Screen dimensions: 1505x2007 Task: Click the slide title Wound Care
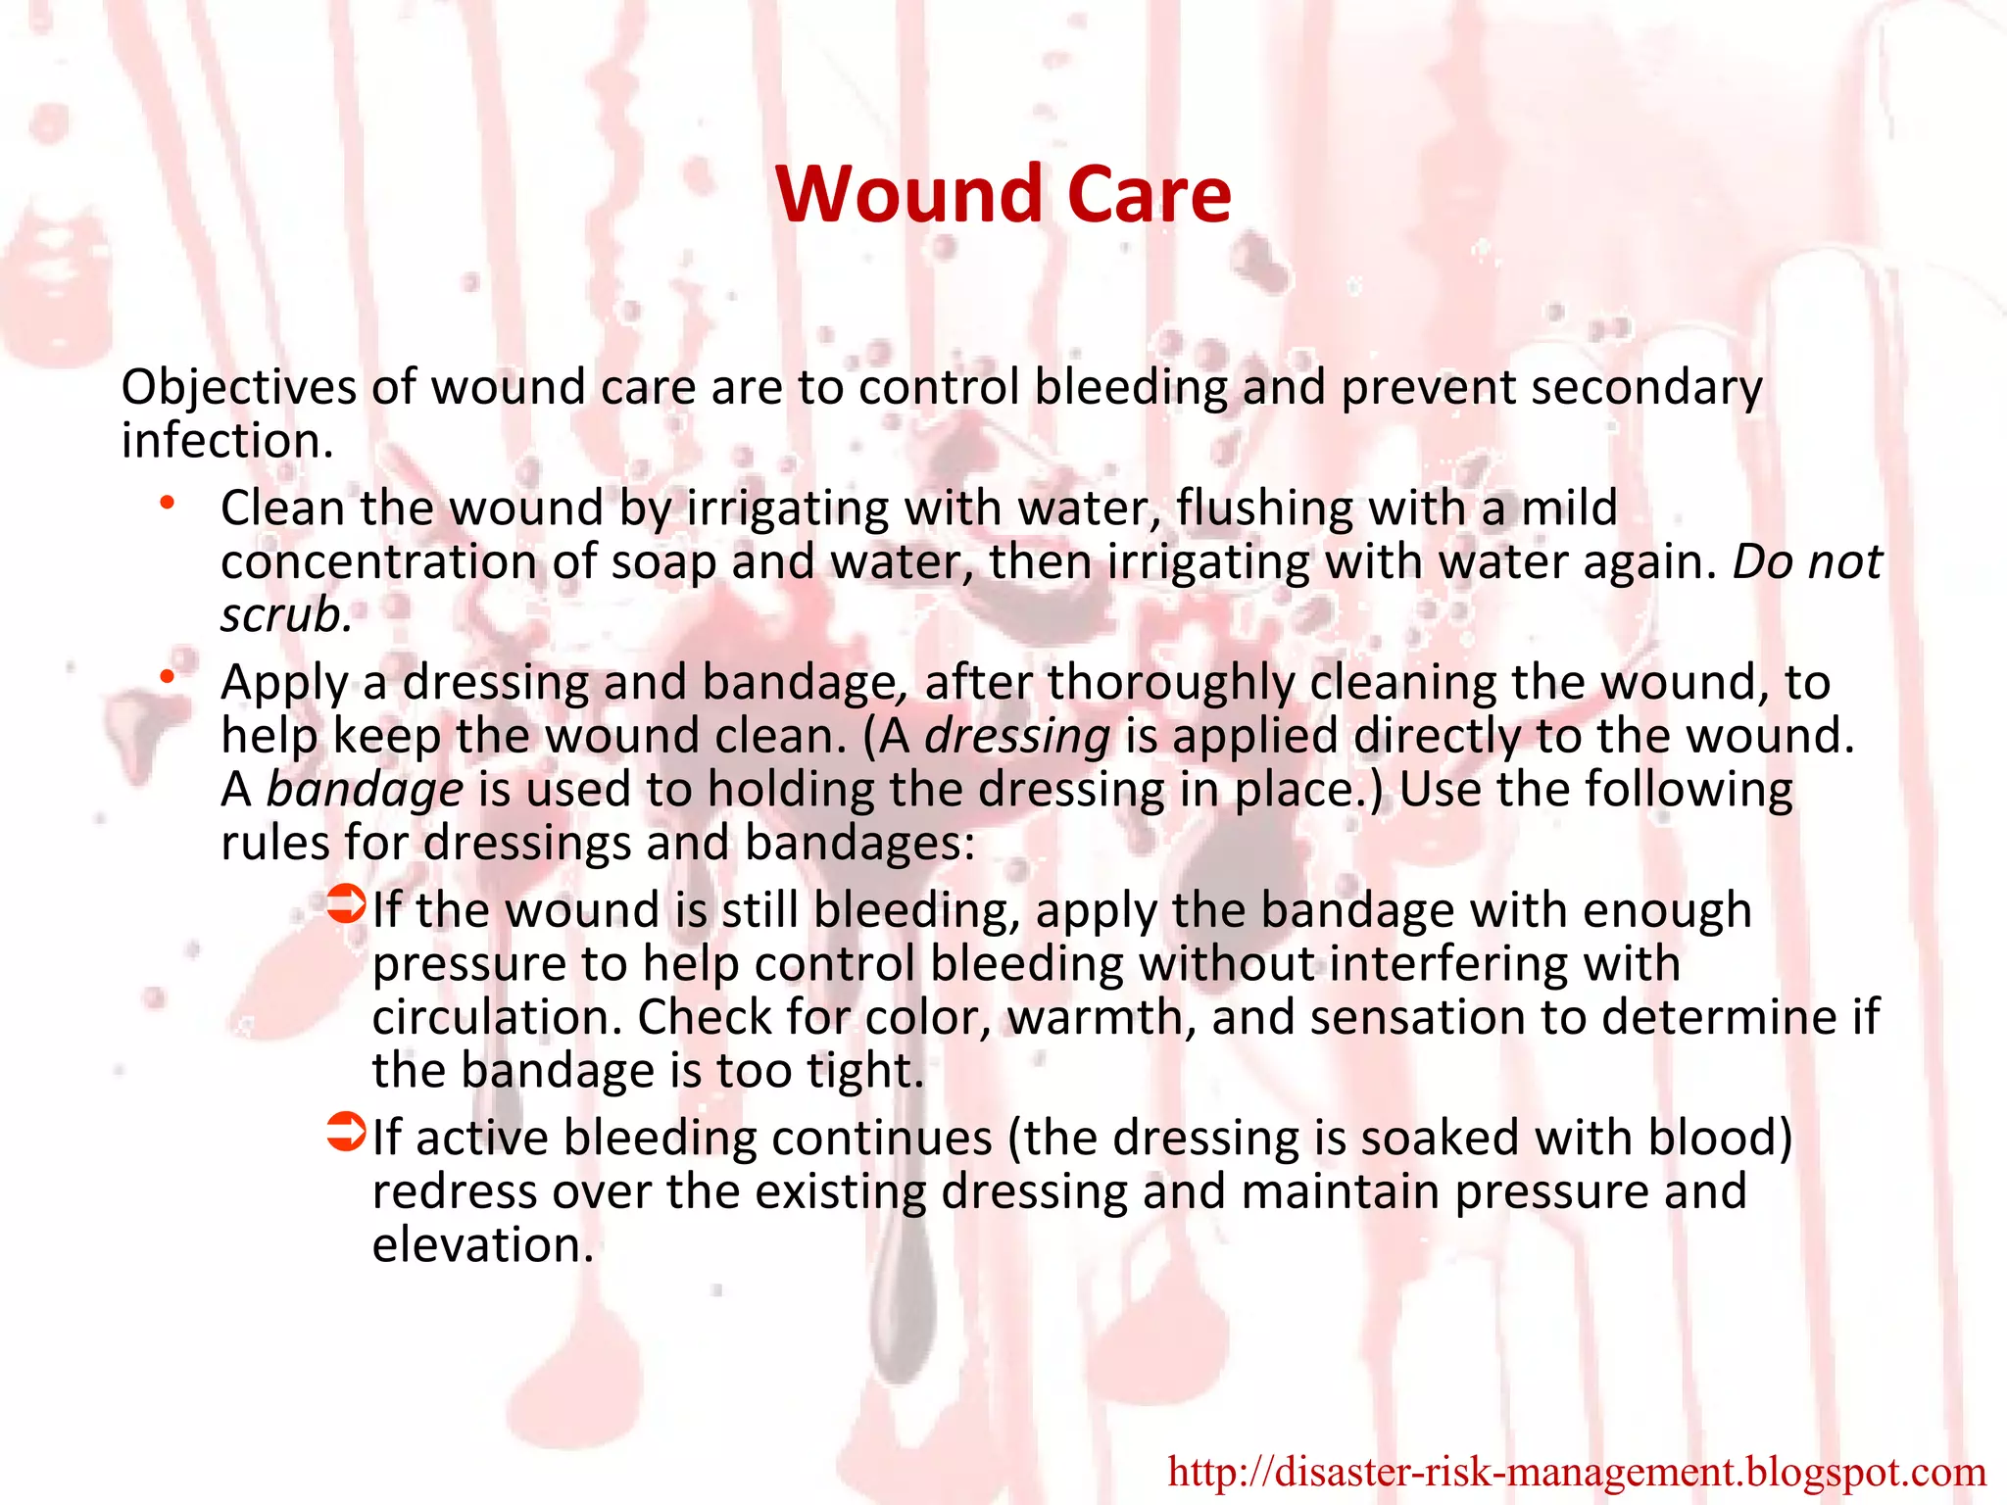point(1003,194)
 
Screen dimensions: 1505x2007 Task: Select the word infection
point(227,441)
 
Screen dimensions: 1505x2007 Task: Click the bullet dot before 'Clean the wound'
point(169,504)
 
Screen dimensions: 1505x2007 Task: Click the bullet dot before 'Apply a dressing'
point(169,676)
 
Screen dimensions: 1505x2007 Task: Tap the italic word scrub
point(285,615)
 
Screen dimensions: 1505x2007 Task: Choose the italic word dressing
point(1017,736)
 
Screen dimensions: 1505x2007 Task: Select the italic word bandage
point(365,790)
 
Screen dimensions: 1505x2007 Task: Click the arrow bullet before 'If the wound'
point(346,904)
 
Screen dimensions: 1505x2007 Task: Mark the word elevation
point(482,1245)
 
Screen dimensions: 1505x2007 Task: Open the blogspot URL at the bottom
point(1577,1472)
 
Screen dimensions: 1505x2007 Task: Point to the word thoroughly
point(1171,683)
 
